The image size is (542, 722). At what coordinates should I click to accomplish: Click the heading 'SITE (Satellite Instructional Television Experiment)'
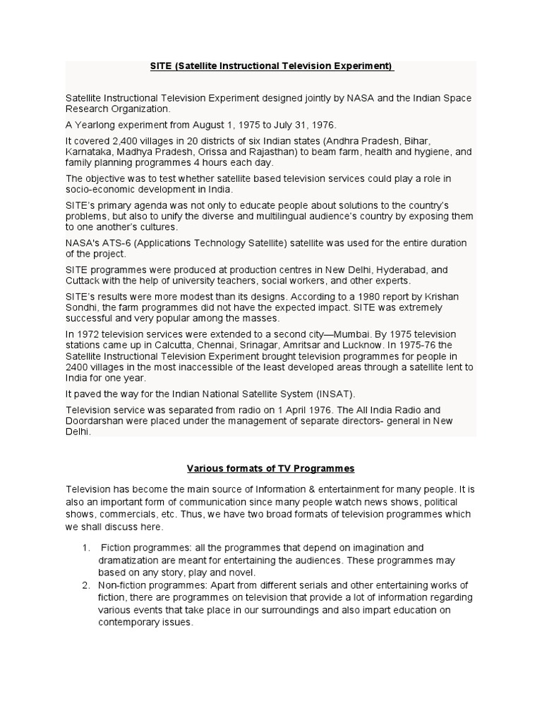tap(272, 66)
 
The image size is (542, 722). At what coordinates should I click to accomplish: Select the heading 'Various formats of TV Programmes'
tap(270, 468)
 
